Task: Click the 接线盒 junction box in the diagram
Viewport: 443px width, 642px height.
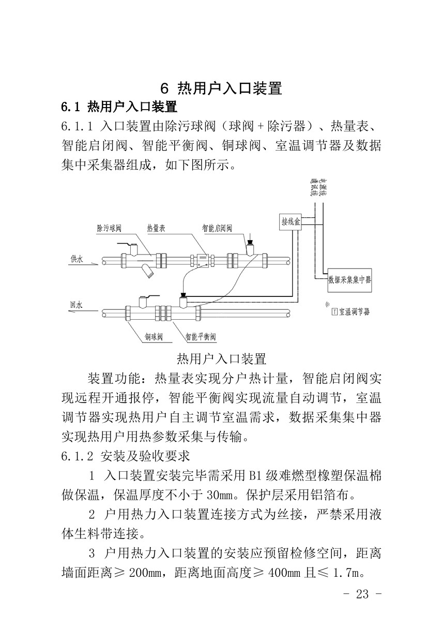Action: [291, 222]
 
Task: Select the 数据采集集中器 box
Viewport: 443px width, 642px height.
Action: [349, 279]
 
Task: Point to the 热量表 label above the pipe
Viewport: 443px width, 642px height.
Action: [156, 228]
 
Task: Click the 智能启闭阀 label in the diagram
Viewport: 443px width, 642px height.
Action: [217, 228]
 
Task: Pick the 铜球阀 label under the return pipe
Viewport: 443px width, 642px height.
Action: [154, 337]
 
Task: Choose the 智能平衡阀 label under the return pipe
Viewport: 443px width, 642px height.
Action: [201, 337]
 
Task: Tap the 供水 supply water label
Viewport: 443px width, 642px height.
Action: [77, 259]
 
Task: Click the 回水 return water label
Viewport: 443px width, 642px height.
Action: [76, 305]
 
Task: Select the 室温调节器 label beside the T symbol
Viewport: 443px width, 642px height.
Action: [354, 312]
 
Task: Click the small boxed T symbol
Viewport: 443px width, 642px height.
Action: [334, 312]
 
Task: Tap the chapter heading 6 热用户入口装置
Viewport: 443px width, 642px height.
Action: [221, 88]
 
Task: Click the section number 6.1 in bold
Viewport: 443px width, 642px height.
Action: [71, 108]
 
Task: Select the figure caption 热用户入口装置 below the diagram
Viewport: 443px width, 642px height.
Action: [221, 359]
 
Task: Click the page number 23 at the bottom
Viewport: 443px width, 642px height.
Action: [362, 594]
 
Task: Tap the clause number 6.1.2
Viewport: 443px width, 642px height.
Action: [78, 456]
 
